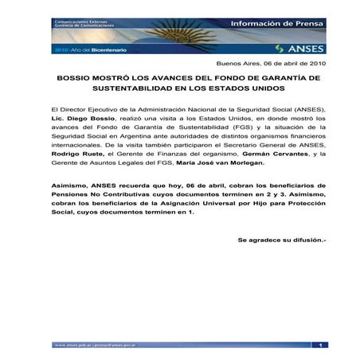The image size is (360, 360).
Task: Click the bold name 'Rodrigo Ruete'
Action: pos(74,162)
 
